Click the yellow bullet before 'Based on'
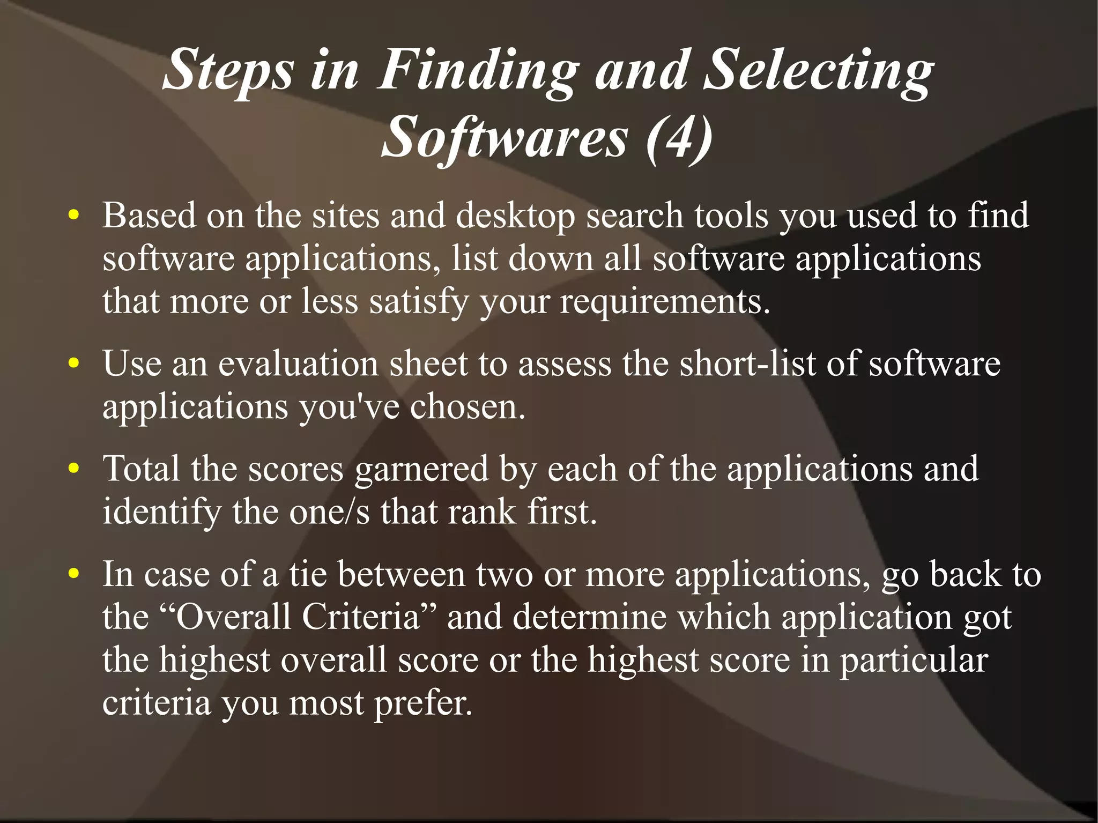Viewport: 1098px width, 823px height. (74, 216)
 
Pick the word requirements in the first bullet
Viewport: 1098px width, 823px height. (665, 301)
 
